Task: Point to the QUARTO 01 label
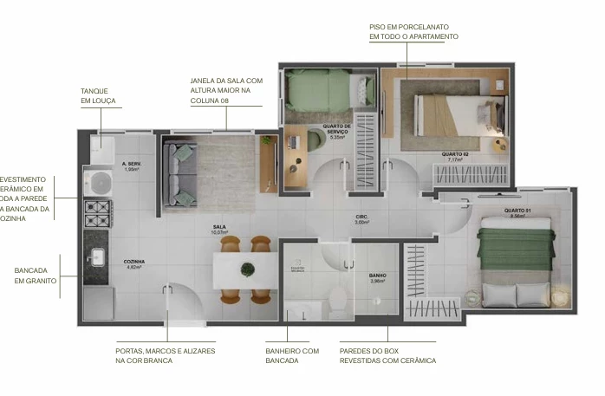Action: pos(517,211)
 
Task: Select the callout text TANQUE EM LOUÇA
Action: pos(98,95)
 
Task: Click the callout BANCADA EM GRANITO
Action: pos(36,276)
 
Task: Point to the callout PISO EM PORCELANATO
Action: pos(413,32)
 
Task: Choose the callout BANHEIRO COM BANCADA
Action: pos(292,355)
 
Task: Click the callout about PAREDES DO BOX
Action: pos(387,355)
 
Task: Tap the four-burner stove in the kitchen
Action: pos(97,211)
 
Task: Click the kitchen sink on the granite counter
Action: pos(97,256)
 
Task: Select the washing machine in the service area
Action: pos(97,182)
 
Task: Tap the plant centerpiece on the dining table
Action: pos(248,268)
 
